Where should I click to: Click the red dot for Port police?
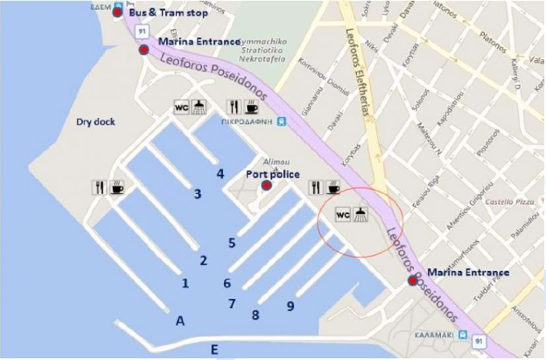pos(266,185)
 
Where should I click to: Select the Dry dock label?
pos(96,121)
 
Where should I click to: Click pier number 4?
pos(221,173)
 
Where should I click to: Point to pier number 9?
pos(290,306)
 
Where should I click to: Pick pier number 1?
pos(185,283)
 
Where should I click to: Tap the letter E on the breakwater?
pos(214,350)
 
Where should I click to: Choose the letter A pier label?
pos(180,321)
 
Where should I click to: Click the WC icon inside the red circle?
pos(344,214)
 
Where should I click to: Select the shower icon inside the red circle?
pos(362,214)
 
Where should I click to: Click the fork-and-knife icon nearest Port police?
pos(314,187)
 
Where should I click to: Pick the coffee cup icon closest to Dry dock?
pos(117,187)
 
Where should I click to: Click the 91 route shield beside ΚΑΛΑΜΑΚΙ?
pos(479,339)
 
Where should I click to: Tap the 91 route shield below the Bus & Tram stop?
pos(141,31)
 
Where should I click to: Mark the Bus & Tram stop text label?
pos(168,14)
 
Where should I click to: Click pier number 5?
pos(232,243)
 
